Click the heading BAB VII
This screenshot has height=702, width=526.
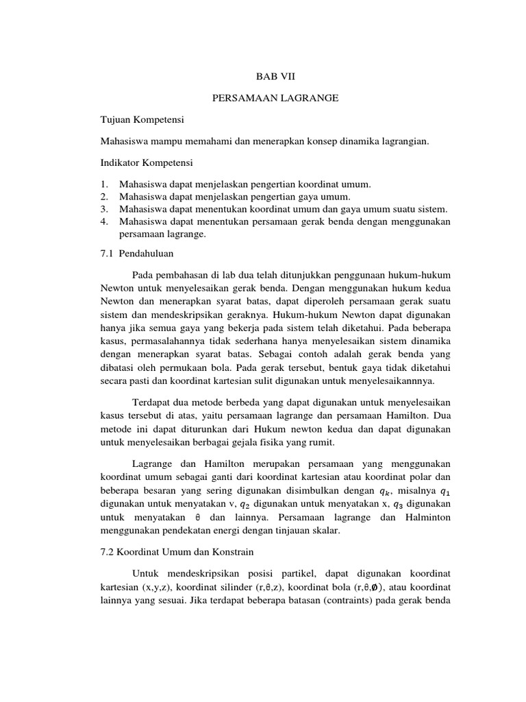coord(264,77)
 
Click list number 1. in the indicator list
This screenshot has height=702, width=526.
coord(104,184)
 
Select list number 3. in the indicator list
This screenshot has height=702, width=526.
coord(104,208)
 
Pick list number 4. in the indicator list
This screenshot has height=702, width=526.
coord(104,221)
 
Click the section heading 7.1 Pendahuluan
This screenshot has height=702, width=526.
coord(136,253)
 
